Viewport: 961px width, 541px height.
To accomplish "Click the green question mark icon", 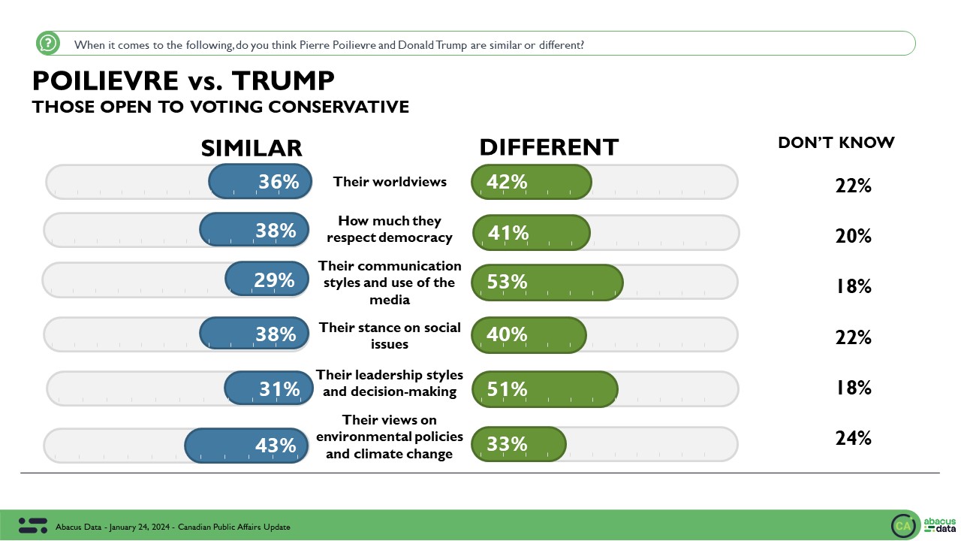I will pos(48,44).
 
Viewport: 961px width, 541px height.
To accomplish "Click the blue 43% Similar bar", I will pos(247,445).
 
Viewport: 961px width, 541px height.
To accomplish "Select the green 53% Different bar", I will pos(547,282).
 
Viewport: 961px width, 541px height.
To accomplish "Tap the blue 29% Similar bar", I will pos(267,280).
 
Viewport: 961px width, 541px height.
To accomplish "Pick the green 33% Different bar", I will pos(518,444).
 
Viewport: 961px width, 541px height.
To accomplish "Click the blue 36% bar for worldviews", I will pos(258,182).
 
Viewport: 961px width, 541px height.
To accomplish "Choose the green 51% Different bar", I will pos(544,388).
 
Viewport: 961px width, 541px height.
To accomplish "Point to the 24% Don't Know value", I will pos(853,438).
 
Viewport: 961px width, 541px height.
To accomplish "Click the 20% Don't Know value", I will pos(853,236).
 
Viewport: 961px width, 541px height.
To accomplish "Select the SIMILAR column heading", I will pos(251,148).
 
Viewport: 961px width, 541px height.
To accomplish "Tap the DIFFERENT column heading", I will pos(549,148).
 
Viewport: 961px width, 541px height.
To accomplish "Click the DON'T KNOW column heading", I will pos(836,143).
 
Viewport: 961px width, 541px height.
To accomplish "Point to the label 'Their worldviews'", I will pos(390,182).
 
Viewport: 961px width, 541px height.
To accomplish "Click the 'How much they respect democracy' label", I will pos(390,229).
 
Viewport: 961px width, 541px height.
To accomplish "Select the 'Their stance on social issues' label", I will pos(390,336).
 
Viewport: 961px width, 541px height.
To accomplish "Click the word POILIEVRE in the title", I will pos(106,80).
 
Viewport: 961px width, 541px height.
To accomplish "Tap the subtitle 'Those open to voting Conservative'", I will pos(220,107).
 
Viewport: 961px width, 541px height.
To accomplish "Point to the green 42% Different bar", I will pos(532,182).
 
